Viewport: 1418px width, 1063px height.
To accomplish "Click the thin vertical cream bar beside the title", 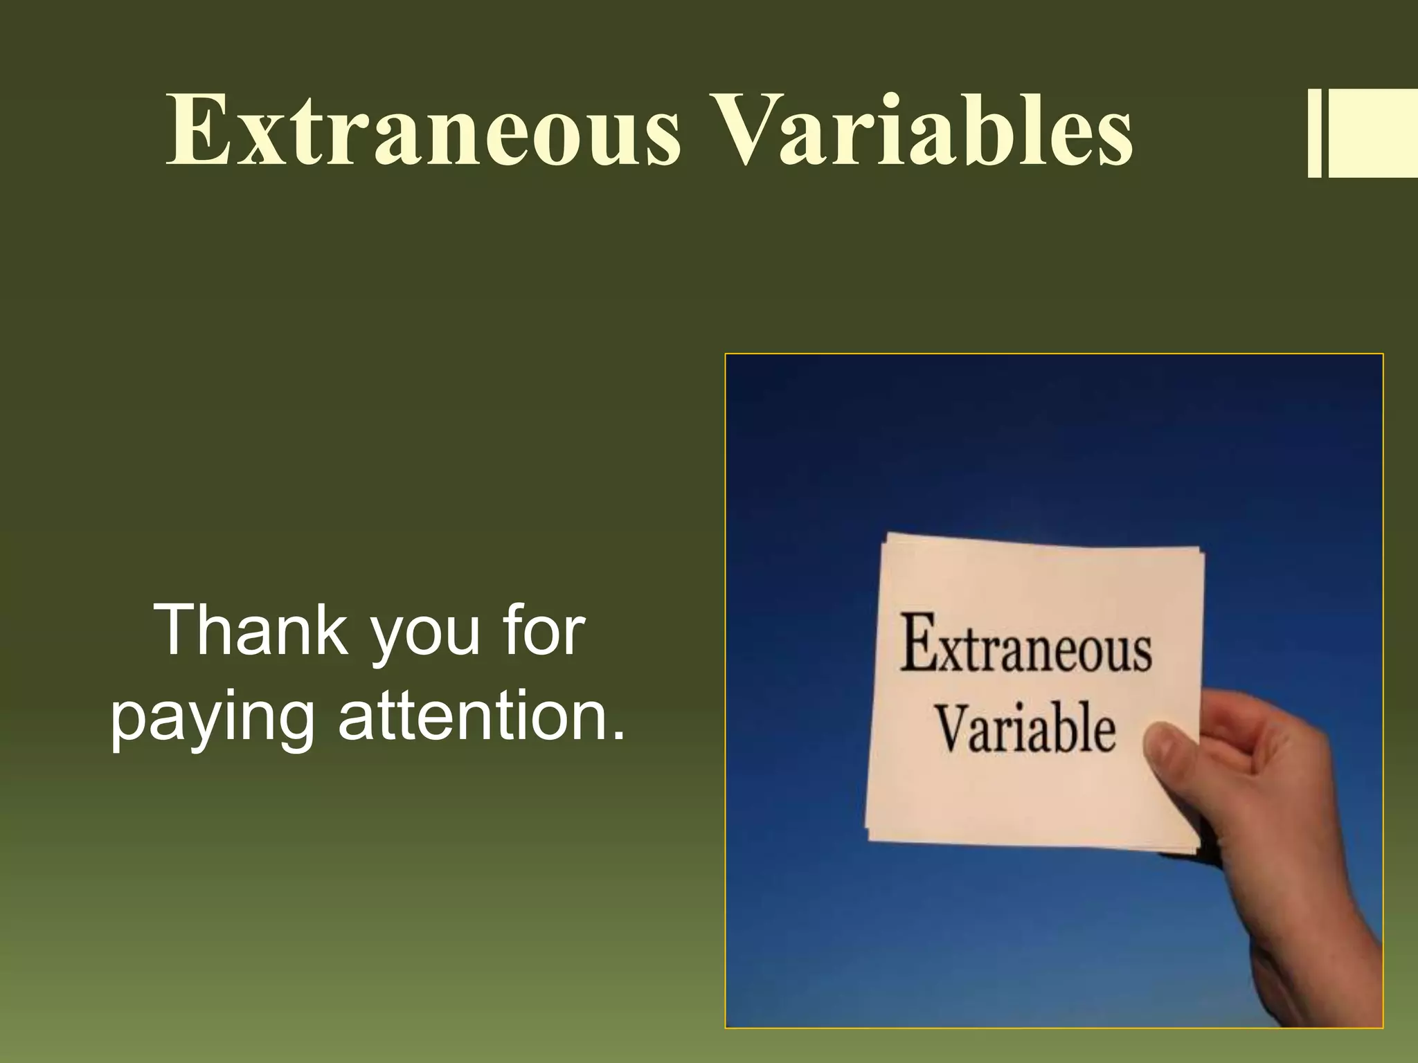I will [x=1314, y=134].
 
